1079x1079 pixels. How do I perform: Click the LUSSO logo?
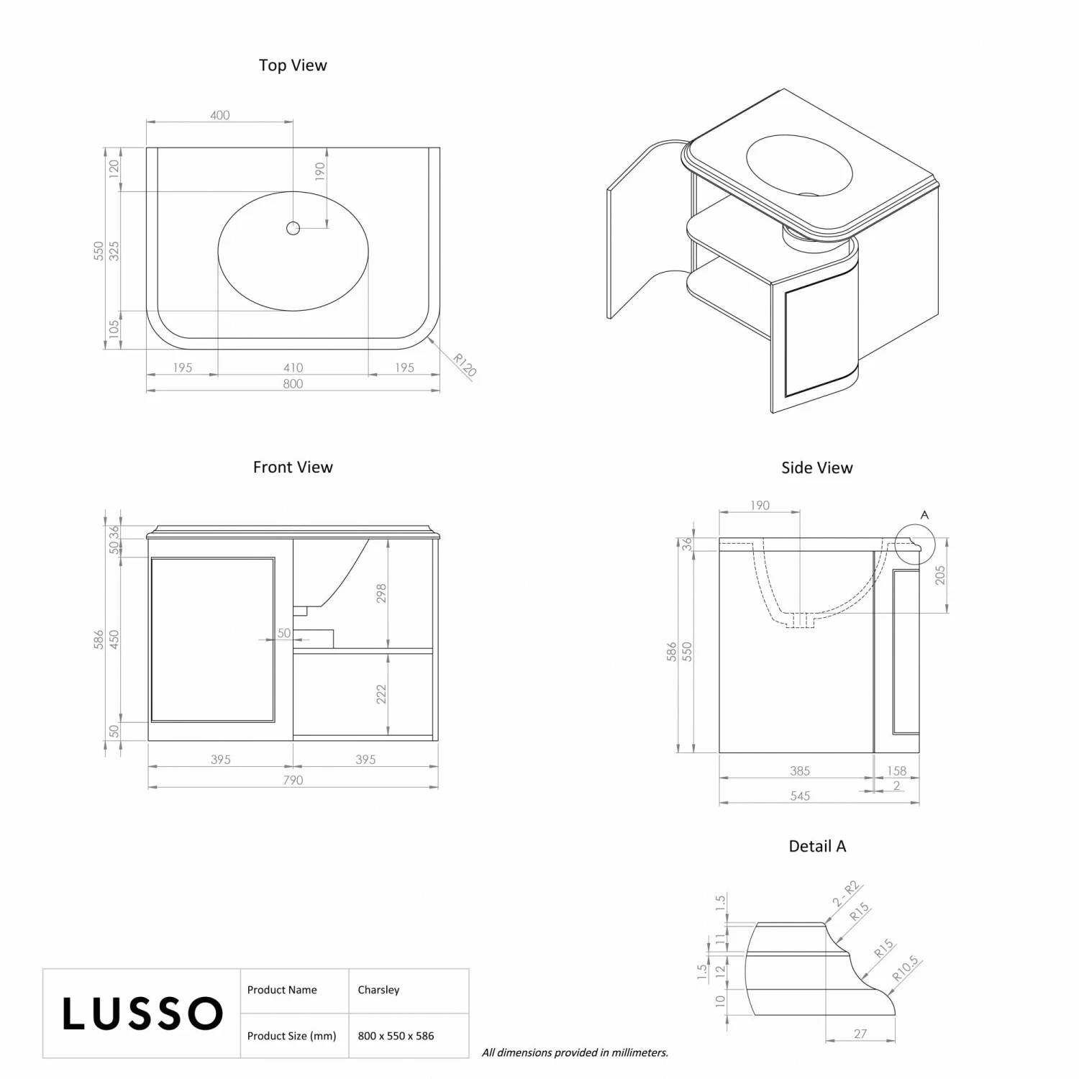click(x=142, y=1013)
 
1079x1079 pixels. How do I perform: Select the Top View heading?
click(x=293, y=65)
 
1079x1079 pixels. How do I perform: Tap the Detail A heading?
click(x=817, y=846)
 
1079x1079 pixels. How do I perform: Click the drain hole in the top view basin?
click(x=293, y=228)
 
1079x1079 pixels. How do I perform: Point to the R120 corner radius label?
click(x=465, y=365)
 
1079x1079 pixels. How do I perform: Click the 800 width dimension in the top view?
click(x=293, y=383)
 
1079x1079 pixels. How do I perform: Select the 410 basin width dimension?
click(x=293, y=368)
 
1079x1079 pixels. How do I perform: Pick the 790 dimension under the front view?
click(x=293, y=780)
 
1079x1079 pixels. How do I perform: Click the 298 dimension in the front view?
click(x=381, y=593)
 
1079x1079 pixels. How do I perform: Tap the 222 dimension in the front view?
click(x=381, y=694)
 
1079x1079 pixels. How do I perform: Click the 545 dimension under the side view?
click(x=800, y=796)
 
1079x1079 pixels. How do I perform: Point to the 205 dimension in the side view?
click(x=939, y=575)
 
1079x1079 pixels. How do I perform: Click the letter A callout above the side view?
click(x=924, y=515)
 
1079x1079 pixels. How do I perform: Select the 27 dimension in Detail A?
click(x=860, y=1034)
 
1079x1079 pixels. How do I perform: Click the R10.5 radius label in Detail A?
click(x=906, y=968)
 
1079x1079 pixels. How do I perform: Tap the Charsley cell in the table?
click(x=378, y=990)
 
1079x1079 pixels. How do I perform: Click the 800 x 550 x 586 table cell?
click(x=396, y=1036)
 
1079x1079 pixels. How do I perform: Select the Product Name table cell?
click(x=282, y=990)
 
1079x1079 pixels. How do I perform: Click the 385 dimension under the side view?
click(x=800, y=770)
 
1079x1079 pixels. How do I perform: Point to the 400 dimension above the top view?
click(x=220, y=115)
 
